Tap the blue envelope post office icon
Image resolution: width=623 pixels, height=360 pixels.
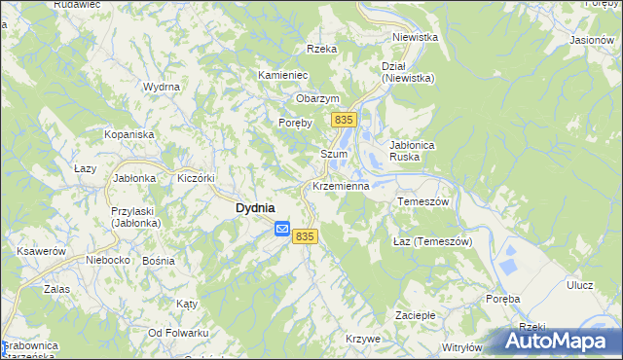pyautogui.click(x=282, y=230)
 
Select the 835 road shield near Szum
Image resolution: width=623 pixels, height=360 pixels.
pyautogui.click(x=342, y=119)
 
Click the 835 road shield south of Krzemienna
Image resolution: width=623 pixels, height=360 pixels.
pyautogui.click(x=305, y=236)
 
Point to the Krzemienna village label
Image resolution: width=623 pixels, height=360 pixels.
pyautogui.click(x=340, y=185)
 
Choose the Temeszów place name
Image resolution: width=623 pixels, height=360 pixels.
pyautogui.click(x=421, y=201)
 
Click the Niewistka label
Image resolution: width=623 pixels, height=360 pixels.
pyautogui.click(x=416, y=37)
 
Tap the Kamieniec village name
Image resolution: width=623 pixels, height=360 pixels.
pyautogui.click(x=283, y=75)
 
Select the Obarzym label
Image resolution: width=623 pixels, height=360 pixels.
pyautogui.click(x=317, y=98)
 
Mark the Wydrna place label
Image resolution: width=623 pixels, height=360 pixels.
pyautogui.click(x=162, y=87)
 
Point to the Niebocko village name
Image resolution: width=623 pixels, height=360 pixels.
pyautogui.click(x=108, y=260)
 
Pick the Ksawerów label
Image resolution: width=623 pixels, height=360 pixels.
pyautogui.click(x=40, y=250)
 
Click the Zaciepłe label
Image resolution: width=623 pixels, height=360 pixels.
pyautogui.click(x=414, y=315)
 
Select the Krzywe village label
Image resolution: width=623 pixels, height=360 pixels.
pyautogui.click(x=363, y=338)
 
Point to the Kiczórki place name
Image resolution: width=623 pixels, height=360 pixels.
pyautogui.click(x=195, y=178)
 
